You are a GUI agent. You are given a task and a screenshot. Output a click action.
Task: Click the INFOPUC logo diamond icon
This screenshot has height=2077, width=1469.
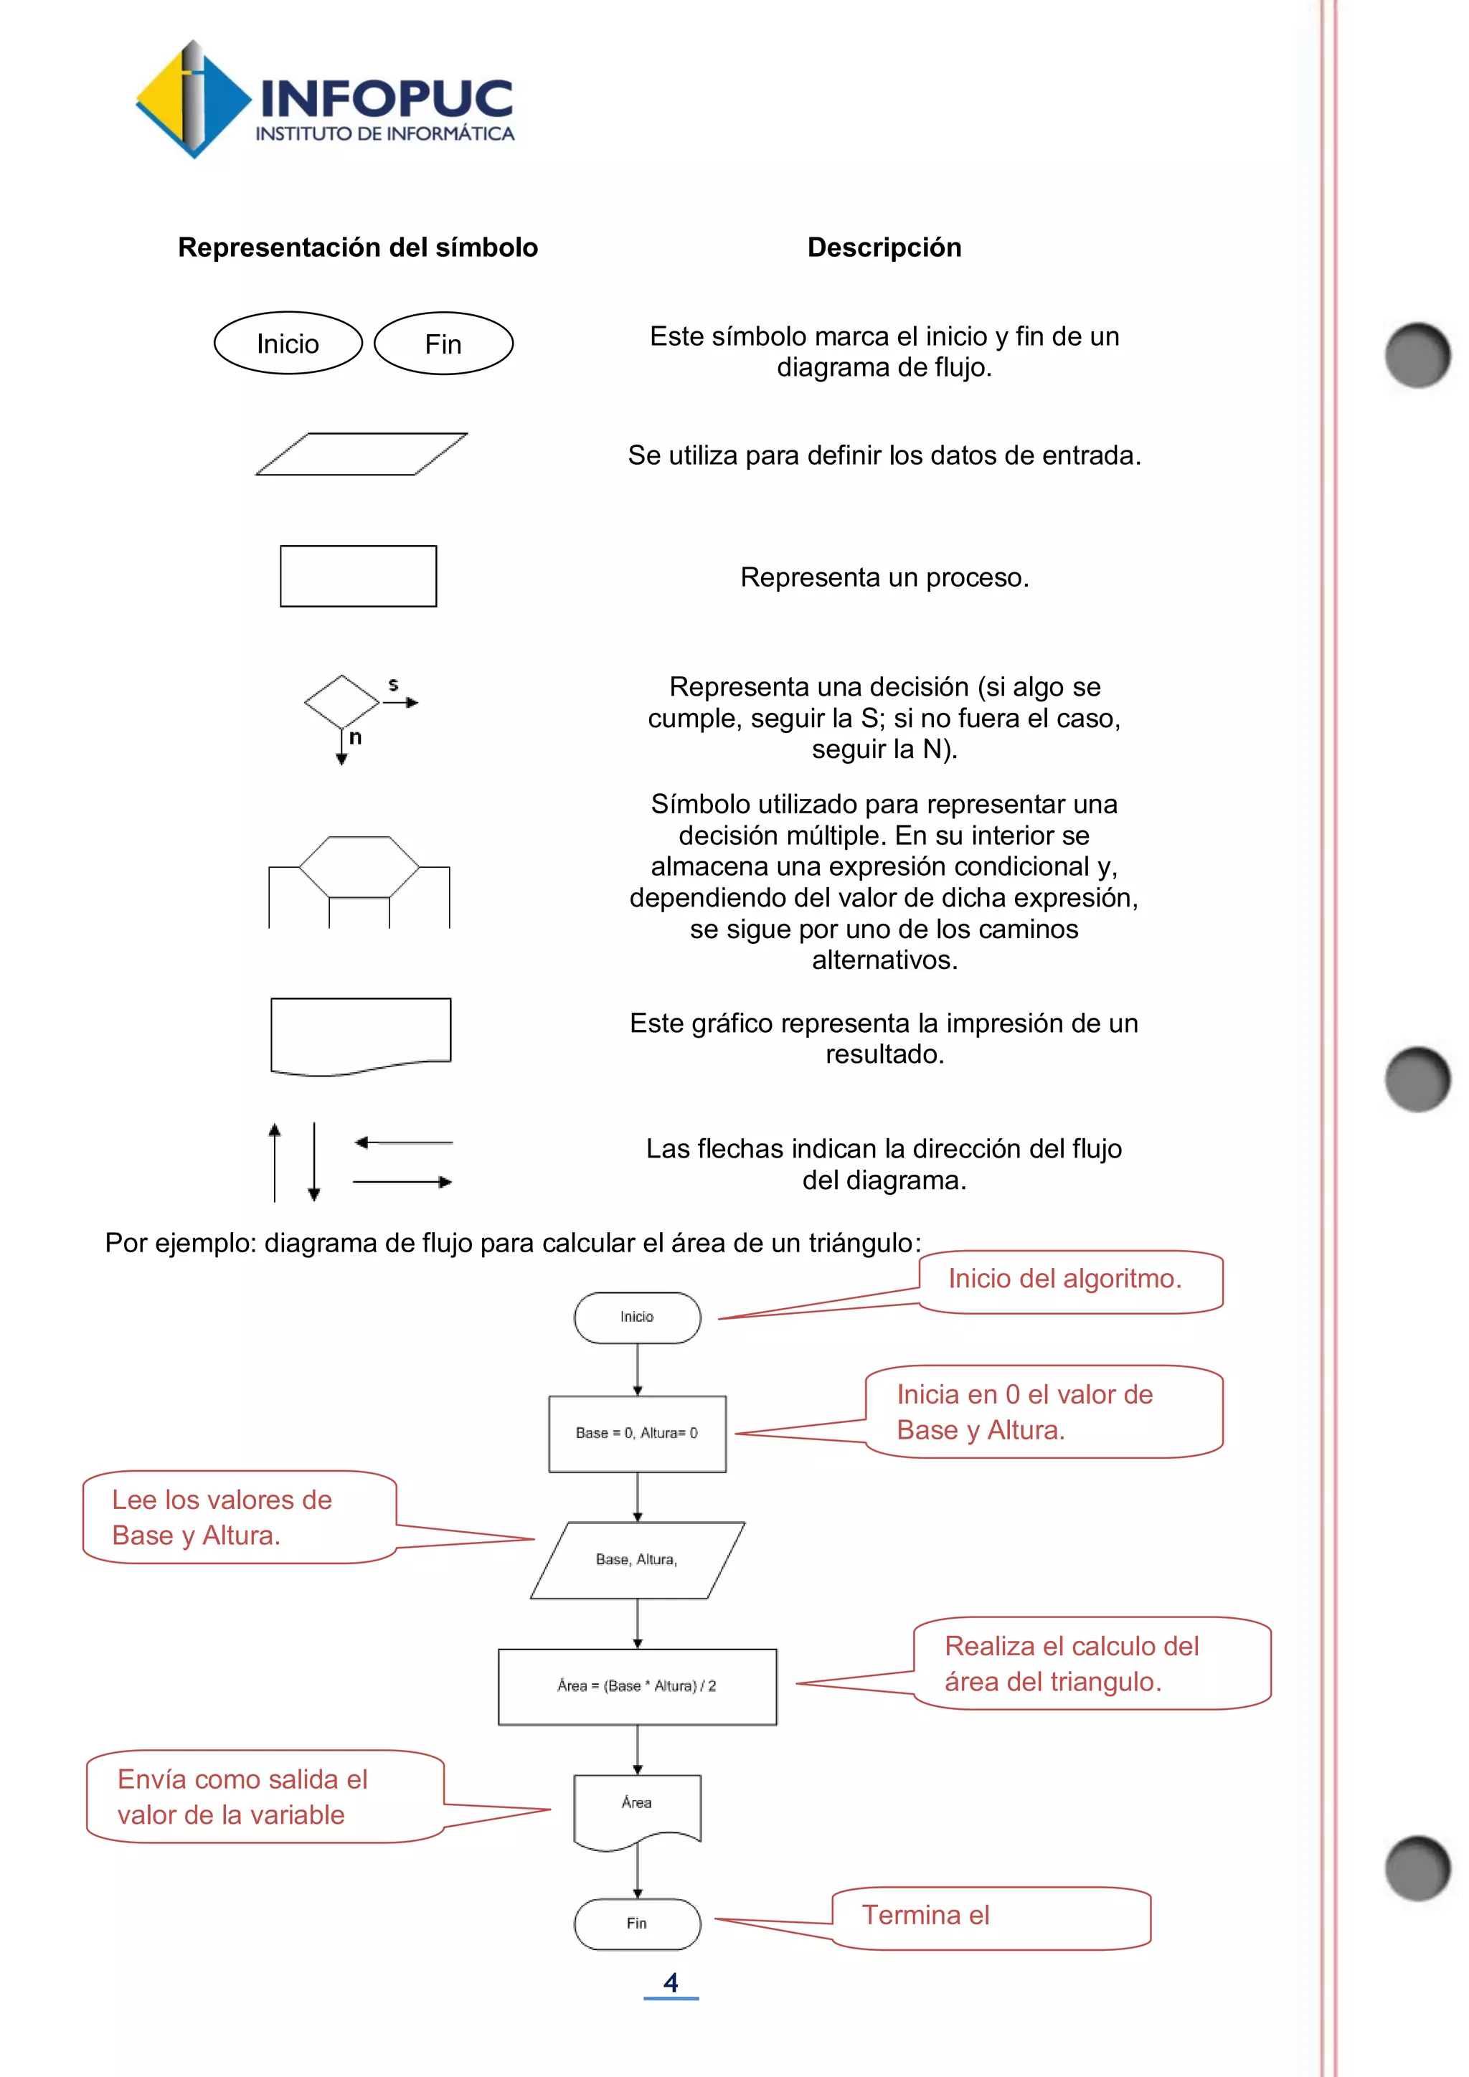pos(193,100)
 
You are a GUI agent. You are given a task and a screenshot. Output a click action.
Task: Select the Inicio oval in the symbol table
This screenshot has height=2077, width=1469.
pos(288,344)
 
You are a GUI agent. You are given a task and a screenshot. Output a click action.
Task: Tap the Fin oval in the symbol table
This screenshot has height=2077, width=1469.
pos(443,344)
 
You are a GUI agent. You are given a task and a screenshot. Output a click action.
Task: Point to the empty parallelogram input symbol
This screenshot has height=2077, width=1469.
pos(361,454)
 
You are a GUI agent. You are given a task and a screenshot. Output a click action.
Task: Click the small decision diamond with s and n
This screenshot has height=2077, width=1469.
pos(342,702)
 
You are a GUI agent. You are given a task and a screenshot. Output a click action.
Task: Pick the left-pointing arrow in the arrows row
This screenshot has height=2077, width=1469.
pos(403,1142)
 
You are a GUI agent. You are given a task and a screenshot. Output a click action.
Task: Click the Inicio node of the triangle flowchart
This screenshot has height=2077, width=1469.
pos(637,1317)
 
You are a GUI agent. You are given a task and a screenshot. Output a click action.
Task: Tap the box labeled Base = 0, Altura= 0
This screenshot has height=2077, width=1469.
pos(637,1433)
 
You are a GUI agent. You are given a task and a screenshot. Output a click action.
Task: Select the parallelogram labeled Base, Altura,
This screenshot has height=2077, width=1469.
pos(637,1560)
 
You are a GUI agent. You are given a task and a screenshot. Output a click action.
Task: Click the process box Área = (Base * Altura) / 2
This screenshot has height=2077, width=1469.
pos(637,1686)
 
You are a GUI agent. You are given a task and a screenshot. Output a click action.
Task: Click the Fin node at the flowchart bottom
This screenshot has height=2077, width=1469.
pos(637,1924)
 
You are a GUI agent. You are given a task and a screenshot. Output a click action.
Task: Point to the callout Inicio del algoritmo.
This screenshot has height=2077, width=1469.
pos(1069,1279)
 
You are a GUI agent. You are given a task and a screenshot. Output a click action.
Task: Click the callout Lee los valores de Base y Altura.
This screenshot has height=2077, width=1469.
pos(240,1517)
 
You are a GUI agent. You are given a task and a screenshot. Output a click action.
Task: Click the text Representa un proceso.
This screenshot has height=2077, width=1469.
pos(884,577)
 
